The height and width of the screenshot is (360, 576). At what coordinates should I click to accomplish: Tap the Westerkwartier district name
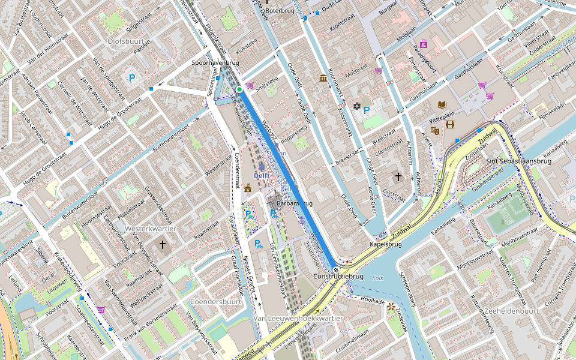pyautogui.click(x=151, y=229)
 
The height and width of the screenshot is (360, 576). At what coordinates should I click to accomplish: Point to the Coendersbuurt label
pyautogui.click(x=215, y=301)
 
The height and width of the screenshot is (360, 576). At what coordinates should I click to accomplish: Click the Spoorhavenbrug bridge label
pyautogui.click(x=216, y=62)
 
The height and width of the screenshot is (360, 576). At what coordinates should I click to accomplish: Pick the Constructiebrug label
pyautogui.click(x=338, y=276)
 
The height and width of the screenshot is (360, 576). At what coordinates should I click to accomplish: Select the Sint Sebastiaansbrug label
pyautogui.click(x=518, y=161)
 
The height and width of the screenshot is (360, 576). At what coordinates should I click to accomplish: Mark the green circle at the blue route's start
pyautogui.click(x=239, y=89)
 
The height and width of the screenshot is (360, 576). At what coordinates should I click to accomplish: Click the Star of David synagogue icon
pyautogui.click(x=356, y=106)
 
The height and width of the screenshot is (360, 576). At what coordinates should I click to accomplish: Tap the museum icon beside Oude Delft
pyautogui.click(x=323, y=79)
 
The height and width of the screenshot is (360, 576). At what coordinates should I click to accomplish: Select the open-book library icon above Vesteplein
pyautogui.click(x=443, y=104)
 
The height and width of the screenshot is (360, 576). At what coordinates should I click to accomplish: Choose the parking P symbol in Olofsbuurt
pyautogui.click(x=132, y=77)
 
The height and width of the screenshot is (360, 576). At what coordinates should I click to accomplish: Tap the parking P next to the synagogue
pyautogui.click(x=366, y=110)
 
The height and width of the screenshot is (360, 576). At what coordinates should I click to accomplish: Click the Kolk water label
pyautogui.click(x=377, y=278)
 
